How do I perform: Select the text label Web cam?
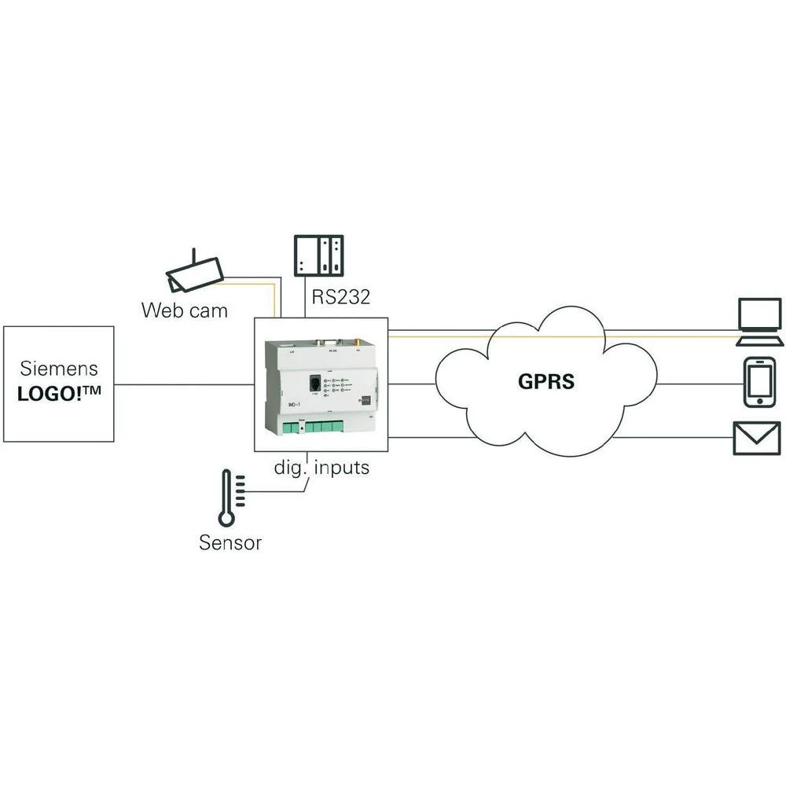click(185, 310)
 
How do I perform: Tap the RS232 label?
click(340, 298)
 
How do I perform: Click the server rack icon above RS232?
click(319, 255)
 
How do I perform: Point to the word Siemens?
click(59, 368)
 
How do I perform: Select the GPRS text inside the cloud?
click(546, 382)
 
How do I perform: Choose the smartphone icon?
click(758, 383)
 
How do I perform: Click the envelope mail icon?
click(757, 438)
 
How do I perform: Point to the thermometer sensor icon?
click(228, 497)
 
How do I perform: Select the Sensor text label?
click(230, 542)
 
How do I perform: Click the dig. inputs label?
click(321, 468)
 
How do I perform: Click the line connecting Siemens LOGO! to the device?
click(183, 384)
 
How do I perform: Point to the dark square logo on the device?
click(364, 399)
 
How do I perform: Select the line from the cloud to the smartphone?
click(696, 384)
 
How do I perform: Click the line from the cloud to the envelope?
click(672, 438)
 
